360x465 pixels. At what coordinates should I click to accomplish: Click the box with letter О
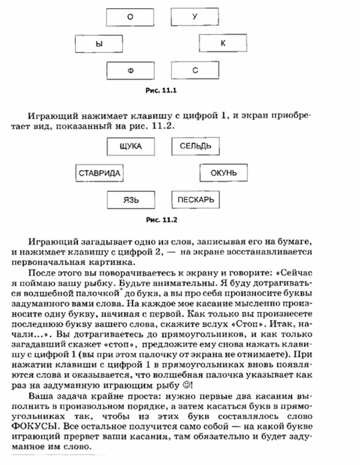coord(130,18)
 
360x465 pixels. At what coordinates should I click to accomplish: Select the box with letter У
coord(195,18)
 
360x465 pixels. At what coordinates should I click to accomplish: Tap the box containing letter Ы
coord(98,44)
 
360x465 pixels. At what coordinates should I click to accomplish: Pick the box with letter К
coord(223,43)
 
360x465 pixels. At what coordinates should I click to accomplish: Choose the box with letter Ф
coord(131,70)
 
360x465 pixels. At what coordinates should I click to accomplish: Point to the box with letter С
coord(195,70)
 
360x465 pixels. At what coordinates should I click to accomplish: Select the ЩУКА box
coord(131,146)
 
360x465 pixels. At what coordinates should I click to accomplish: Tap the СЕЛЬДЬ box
coord(195,146)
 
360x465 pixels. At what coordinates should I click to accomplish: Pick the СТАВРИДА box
coord(99,173)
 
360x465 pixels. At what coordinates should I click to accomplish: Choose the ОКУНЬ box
coord(224,172)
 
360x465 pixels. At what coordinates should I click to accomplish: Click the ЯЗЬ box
coord(131,199)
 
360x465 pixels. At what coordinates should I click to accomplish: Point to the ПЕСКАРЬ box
coord(195,199)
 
